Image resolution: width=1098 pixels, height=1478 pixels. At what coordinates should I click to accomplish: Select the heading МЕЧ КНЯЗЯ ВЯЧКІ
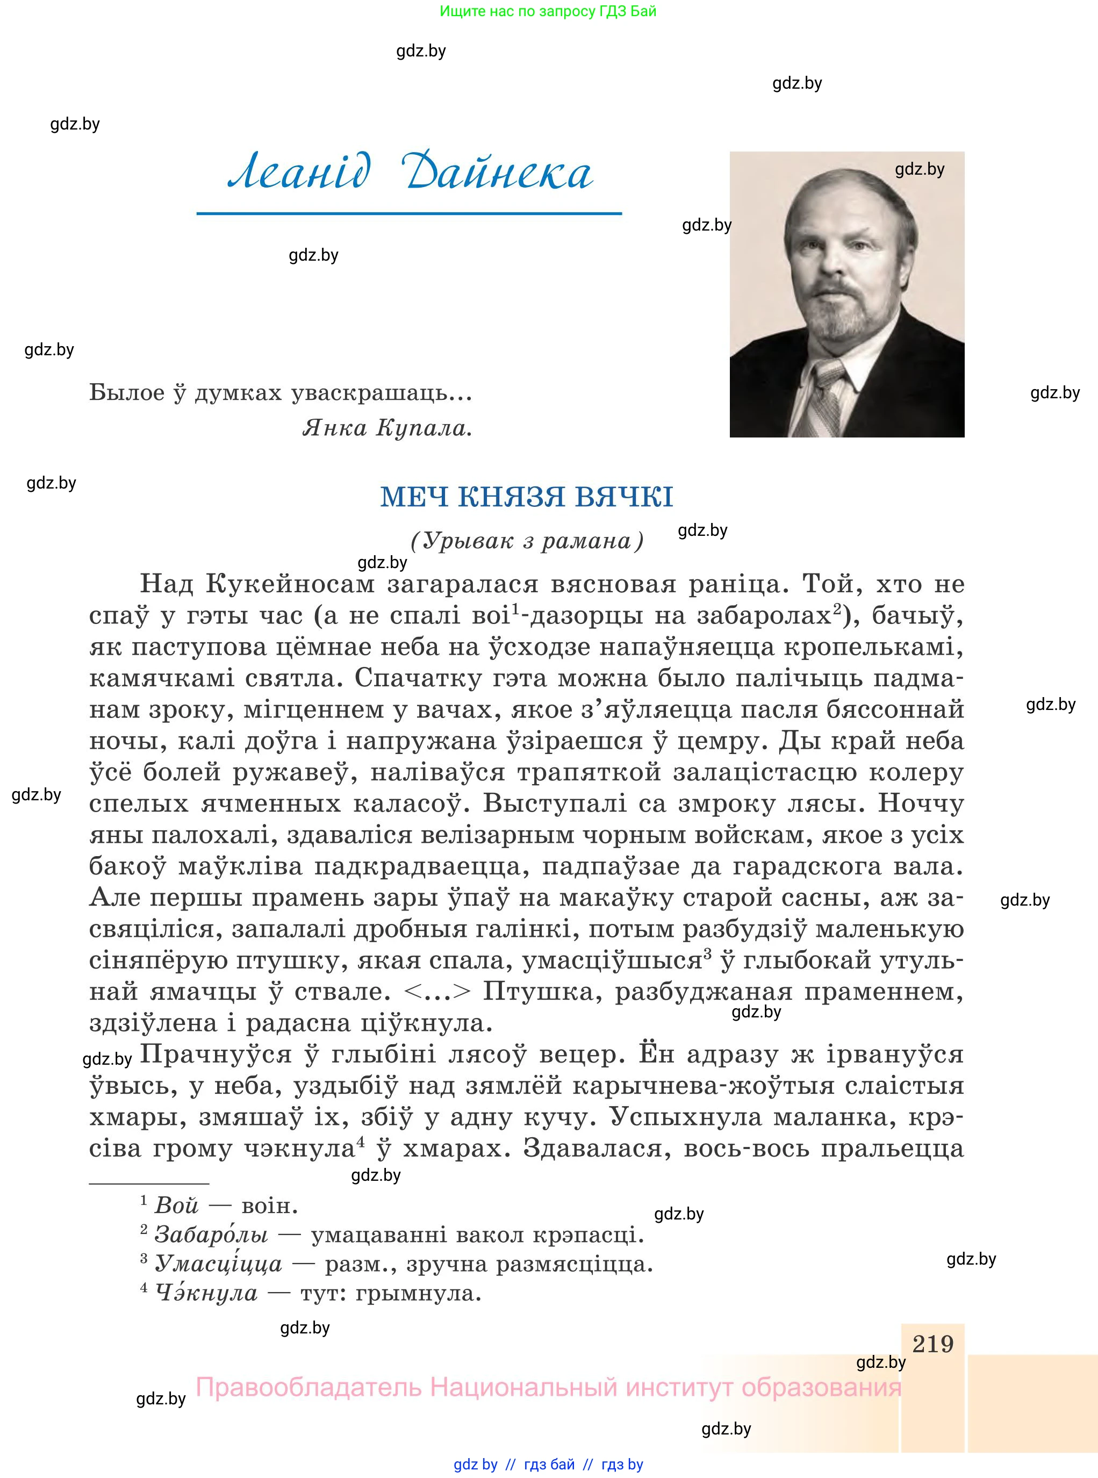(526, 497)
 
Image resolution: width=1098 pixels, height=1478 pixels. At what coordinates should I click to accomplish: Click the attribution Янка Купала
(387, 428)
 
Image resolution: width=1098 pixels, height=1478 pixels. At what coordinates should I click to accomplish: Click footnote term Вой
(176, 1205)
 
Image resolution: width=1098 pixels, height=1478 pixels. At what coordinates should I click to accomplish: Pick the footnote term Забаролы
(211, 1234)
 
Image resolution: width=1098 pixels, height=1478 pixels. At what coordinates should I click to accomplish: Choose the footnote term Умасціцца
(218, 1264)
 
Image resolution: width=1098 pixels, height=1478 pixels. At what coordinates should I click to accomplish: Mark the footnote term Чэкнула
(205, 1293)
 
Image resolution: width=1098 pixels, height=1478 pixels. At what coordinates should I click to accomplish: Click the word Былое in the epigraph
(127, 393)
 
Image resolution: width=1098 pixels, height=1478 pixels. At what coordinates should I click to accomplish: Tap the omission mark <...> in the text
(437, 992)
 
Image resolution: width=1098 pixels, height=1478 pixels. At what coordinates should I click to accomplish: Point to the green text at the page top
(548, 11)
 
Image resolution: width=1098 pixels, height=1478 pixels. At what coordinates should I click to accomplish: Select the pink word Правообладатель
(308, 1388)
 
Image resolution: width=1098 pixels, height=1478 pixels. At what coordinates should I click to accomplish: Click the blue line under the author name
(409, 213)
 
